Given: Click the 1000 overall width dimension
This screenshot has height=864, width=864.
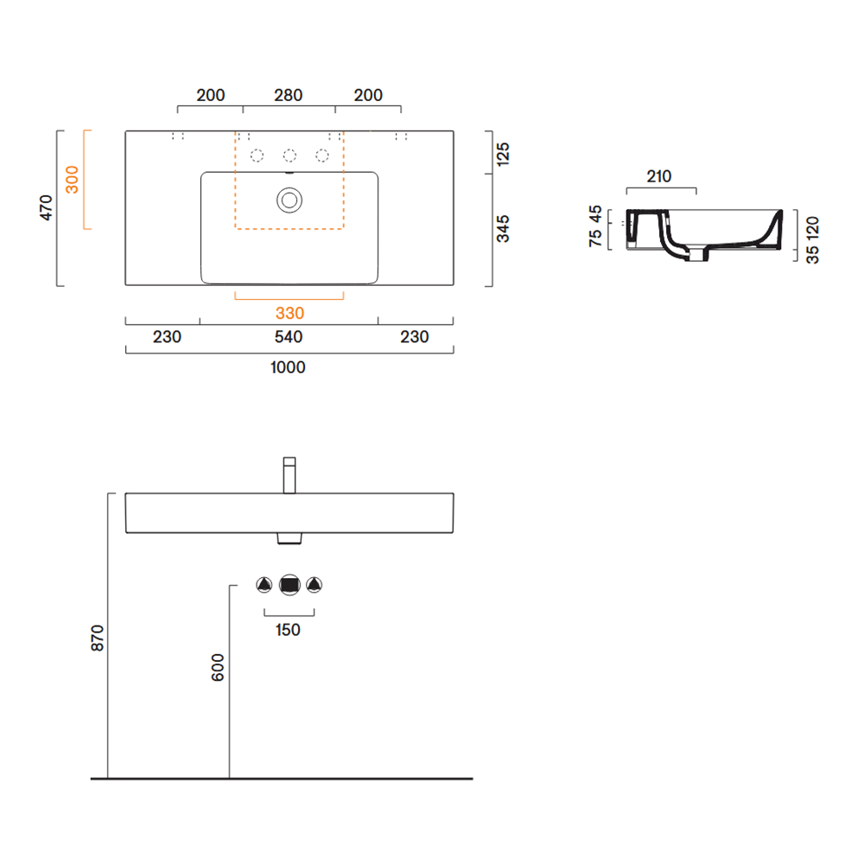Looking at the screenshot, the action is pos(288,367).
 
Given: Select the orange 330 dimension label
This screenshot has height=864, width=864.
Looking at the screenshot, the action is pos(289,313).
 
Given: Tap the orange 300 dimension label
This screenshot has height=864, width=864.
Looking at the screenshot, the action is pos(73,180).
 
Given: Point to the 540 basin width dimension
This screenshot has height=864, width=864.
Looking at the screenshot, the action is pos(289,337).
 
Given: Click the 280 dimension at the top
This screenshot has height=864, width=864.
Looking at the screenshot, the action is pos(289,95).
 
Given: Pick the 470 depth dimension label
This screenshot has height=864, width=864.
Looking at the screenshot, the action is pos(46,207).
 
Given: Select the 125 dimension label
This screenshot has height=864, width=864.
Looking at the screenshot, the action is pos(503,155).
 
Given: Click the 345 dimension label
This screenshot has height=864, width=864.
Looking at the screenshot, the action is pos(503,229).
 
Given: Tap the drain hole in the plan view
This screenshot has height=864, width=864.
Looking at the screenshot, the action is pos(289,200).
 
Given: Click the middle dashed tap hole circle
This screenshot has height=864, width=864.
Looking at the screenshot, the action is pos(289,156).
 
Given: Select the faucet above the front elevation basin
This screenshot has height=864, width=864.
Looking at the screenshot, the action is pos(289,475).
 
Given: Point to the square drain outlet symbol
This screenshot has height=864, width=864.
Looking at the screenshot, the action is pos(289,585).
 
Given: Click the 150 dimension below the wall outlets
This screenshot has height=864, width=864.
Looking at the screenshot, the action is pos(288,630).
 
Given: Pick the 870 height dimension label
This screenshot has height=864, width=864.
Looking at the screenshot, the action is pos(97,638).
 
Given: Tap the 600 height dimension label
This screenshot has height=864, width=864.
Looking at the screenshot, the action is pos(218,667).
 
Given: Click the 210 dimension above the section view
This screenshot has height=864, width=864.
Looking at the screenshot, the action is pos(659,176).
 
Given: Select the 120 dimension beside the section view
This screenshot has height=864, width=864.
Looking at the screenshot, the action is pos(812,227).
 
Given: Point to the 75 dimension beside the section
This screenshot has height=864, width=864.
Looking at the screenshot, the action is pos(595,238).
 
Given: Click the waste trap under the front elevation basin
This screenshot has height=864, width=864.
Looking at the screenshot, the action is pos(289,538).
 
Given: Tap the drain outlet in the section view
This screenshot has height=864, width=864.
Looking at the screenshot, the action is pos(697,255).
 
